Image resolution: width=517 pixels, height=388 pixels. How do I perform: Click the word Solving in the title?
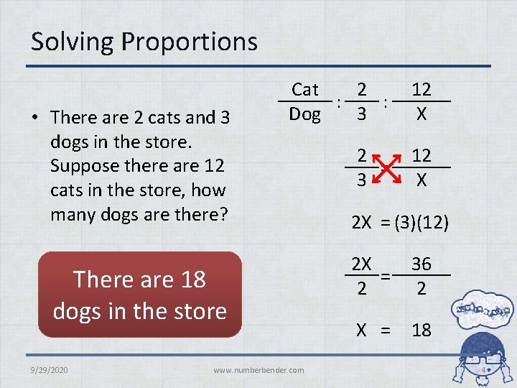tap(73, 42)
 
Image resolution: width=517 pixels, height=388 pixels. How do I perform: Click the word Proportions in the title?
tap(190, 42)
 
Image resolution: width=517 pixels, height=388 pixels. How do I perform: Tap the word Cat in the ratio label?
tap(304, 90)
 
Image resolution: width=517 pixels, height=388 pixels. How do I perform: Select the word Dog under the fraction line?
tap(304, 114)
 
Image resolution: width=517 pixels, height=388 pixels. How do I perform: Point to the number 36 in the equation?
tap(421, 264)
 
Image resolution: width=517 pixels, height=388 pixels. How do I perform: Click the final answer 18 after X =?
tap(421, 331)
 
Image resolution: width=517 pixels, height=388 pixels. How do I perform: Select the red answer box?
tap(140, 295)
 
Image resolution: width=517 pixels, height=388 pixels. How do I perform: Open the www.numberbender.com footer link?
tap(258, 370)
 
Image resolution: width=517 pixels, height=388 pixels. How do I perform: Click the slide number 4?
tap(484, 371)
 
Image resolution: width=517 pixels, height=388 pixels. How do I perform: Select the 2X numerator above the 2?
tap(361, 264)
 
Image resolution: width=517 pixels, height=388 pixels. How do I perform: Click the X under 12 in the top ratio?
tap(421, 114)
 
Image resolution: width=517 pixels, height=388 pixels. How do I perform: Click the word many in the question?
tap(73, 214)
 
